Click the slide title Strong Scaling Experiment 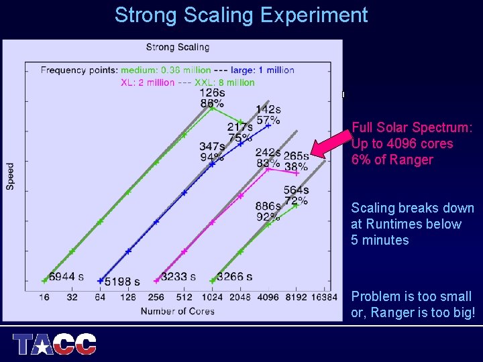coord(241,15)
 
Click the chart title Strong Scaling coord(178,47)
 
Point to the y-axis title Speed coord(11,176)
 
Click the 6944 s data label coord(66,276)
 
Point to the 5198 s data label coord(123,282)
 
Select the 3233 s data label coord(178,276)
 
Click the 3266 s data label coord(235,276)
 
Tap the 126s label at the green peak coord(212,93)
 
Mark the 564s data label coord(296,190)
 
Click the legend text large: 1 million coord(262,70)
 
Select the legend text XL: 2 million coord(148,82)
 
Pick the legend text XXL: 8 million coord(225,82)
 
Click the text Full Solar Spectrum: coord(412,127)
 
